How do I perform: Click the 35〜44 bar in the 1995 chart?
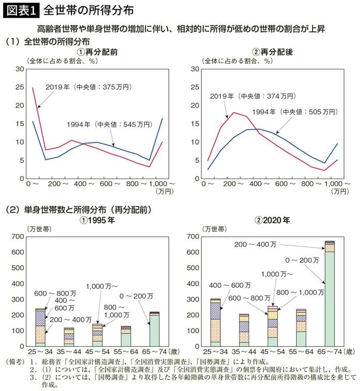coord(69,336)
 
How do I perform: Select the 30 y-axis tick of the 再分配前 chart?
coord(19,69)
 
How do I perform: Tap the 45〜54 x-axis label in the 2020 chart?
coord(272,351)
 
